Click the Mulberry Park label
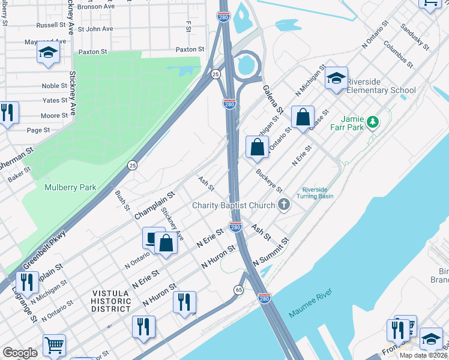[x=70, y=187]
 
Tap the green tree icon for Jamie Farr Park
[x=373, y=122]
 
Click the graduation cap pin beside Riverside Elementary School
[x=337, y=79]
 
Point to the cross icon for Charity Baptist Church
[x=284, y=205]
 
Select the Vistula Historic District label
[x=111, y=301]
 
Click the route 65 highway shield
[x=238, y=290]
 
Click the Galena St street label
[x=272, y=99]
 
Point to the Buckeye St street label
[x=269, y=181]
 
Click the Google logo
[x=20, y=353]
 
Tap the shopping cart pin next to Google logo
[x=54, y=344]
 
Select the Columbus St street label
[x=398, y=54]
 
